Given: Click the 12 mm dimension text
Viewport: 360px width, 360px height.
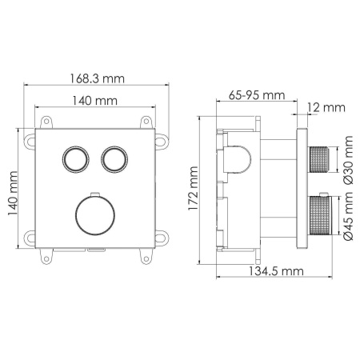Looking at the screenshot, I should (325, 106).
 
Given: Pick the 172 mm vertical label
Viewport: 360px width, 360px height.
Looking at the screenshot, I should (193, 192).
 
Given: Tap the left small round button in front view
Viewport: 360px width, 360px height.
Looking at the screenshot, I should (76, 157).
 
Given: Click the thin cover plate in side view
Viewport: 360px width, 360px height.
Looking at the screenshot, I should (302, 190).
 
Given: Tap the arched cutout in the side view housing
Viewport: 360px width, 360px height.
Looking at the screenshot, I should (239, 160).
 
